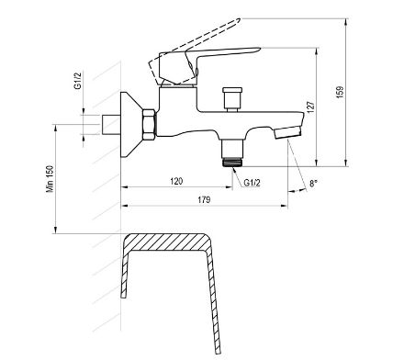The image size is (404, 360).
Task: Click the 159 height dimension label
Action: point(340,92)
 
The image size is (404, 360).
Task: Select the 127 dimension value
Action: point(310,107)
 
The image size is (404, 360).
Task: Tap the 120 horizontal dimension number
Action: point(176,181)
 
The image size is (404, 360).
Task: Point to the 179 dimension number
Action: point(204,200)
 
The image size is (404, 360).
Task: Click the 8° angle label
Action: point(313,184)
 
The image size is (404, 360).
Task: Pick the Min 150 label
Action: point(50,179)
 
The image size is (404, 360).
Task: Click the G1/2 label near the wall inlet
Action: point(78,80)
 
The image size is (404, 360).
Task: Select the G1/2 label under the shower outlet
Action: point(252,183)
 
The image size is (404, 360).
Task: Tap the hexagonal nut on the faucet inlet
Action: point(149,125)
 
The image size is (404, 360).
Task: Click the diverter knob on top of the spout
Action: point(232,98)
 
